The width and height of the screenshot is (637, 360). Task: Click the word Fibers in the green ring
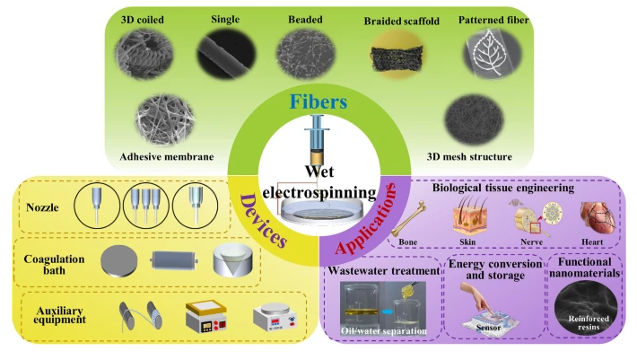[318, 101]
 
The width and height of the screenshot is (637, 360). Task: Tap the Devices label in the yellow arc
[263, 220]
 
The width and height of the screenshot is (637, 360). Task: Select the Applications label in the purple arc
[365, 218]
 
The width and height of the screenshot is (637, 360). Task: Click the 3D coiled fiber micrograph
[144, 54]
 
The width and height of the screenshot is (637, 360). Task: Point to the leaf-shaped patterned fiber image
[492, 54]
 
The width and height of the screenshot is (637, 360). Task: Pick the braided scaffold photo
[397, 55]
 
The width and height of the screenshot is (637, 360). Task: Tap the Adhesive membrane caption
[167, 157]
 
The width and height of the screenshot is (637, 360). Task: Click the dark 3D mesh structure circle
[474, 119]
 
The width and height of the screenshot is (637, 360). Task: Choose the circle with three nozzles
[145, 205]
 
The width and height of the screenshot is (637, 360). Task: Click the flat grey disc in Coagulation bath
[118, 261]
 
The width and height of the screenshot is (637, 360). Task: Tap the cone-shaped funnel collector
[232, 260]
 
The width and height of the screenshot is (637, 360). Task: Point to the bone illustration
[408, 218]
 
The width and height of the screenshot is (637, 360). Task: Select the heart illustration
[598, 218]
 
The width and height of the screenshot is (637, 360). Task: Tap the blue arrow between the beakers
[388, 312]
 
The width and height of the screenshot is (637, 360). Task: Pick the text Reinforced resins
[589, 323]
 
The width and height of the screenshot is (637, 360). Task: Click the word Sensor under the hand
[488, 328]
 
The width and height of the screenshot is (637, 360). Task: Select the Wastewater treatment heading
[384, 270]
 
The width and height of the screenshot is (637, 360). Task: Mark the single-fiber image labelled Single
[227, 55]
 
